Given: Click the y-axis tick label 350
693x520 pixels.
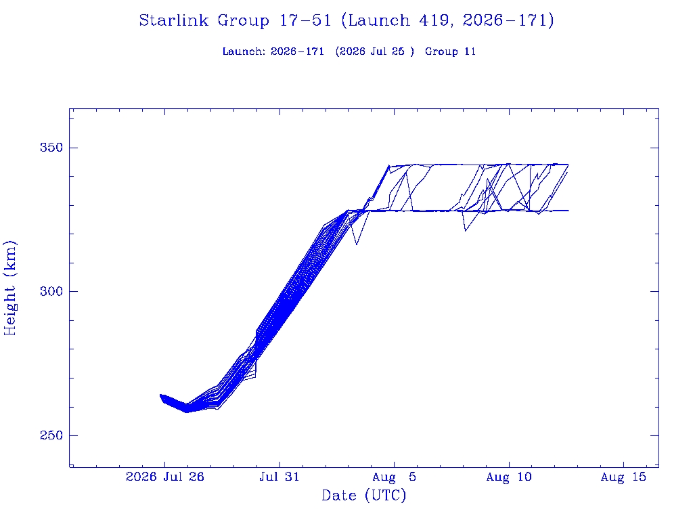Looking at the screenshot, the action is click(51, 147).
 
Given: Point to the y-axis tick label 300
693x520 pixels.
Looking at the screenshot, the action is click(51, 291).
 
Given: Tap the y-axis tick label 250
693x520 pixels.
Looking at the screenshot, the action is click(51, 435).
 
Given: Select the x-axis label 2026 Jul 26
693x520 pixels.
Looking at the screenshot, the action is click(165, 477).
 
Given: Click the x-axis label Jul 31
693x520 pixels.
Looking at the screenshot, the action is click(280, 477).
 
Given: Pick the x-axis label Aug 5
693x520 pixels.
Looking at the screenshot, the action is click(395, 477).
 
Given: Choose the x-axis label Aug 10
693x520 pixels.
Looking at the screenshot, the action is click(509, 477).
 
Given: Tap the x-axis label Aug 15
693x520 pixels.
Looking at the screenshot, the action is click(623, 477).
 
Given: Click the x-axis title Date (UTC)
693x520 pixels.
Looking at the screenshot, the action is click(363, 496).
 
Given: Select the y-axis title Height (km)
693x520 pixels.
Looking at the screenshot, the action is click(10, 288).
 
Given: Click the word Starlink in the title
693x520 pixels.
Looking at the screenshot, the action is click(174, 20).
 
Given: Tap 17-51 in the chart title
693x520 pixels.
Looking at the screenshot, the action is click(305, 20).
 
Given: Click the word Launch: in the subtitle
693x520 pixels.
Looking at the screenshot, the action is click(244, 51).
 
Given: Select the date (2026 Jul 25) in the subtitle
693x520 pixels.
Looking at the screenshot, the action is click(375, 51).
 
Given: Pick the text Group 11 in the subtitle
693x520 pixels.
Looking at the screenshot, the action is click(450, 51).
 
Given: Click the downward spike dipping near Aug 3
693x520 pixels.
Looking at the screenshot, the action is click(357, 244).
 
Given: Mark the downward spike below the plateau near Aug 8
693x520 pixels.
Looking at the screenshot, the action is click(466, 230).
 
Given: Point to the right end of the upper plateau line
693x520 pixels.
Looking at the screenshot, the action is click(568, 165).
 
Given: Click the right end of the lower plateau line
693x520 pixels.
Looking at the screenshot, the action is click(568, 211).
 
